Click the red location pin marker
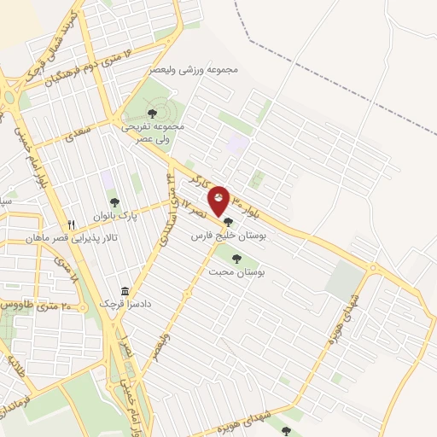pyautogui.click(x=219, y=201)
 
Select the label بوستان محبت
pyautogui.click(x=236, y=271)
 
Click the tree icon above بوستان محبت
pyautogui.click(x=236, y=259)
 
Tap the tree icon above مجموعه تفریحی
pyautogui.click(x=152, y=113)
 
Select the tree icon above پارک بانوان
pyautogui.click(x=114, y=202)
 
